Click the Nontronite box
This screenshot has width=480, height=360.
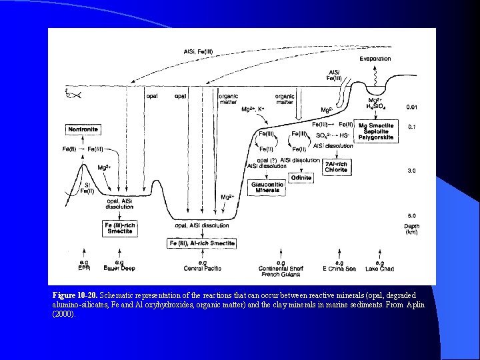click(83, 129)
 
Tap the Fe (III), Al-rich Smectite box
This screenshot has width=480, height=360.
click(201, 243)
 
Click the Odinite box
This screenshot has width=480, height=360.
click(301, 177)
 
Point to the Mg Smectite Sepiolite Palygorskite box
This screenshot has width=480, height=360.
click(376, 131)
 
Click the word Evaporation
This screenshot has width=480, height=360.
click(375, 59)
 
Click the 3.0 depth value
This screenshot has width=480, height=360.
click(411, 171)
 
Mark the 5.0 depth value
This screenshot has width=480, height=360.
click(411, 216)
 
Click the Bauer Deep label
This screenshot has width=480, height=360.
click(119, 268)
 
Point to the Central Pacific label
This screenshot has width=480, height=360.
click(202, 268)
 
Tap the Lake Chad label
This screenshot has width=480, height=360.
click(379, 268)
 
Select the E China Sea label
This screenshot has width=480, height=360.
click(339, 268)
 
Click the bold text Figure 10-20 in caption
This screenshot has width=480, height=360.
click(75, 295)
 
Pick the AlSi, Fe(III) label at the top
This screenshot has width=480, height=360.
click(199, 52)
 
